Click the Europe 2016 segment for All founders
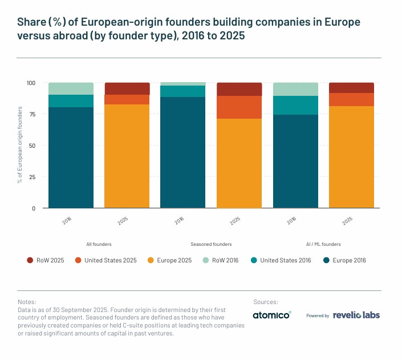tap(71, 157)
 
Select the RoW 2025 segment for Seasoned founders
tap(239, 89)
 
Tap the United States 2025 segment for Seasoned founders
tap(239, 107)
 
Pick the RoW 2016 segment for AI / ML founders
tap(295, 89)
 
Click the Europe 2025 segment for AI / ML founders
tap(351, 157)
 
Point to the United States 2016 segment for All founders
tap(71, 101)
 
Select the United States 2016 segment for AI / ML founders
tap(295, 106)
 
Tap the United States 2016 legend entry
tap(285, 260)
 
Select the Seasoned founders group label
tap(211, 244)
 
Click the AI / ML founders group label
tap(323, 244)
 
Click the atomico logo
tap(272, 315)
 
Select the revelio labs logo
tap(356, 315)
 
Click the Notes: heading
tap(27, 301)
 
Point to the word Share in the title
tap(33, 22)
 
